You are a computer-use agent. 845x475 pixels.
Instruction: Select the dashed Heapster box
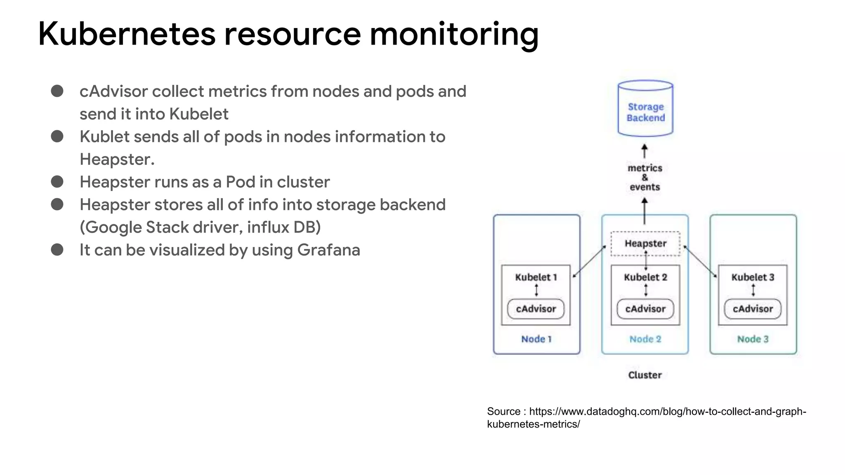[645, 244]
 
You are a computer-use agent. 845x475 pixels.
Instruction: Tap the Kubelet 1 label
[536, 277]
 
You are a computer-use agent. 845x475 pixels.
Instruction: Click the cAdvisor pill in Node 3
[753, 309]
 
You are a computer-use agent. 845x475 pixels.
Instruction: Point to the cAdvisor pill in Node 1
[536, 309]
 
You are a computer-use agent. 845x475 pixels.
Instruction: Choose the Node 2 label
[645, 339]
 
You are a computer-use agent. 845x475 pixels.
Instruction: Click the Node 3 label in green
[753, 339]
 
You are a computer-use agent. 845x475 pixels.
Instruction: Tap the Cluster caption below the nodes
[644, 375]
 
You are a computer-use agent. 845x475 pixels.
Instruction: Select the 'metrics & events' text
[644, 178]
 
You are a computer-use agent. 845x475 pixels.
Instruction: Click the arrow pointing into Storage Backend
[644, 151]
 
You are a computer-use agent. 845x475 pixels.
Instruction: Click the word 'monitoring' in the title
[454, 34]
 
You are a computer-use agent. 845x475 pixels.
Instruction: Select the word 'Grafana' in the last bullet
[328, 250]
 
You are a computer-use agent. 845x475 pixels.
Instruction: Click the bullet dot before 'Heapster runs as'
[57, 182]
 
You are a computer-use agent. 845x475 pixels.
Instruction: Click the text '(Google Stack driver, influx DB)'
[200, 228]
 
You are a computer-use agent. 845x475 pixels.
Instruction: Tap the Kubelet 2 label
[645, 277]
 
